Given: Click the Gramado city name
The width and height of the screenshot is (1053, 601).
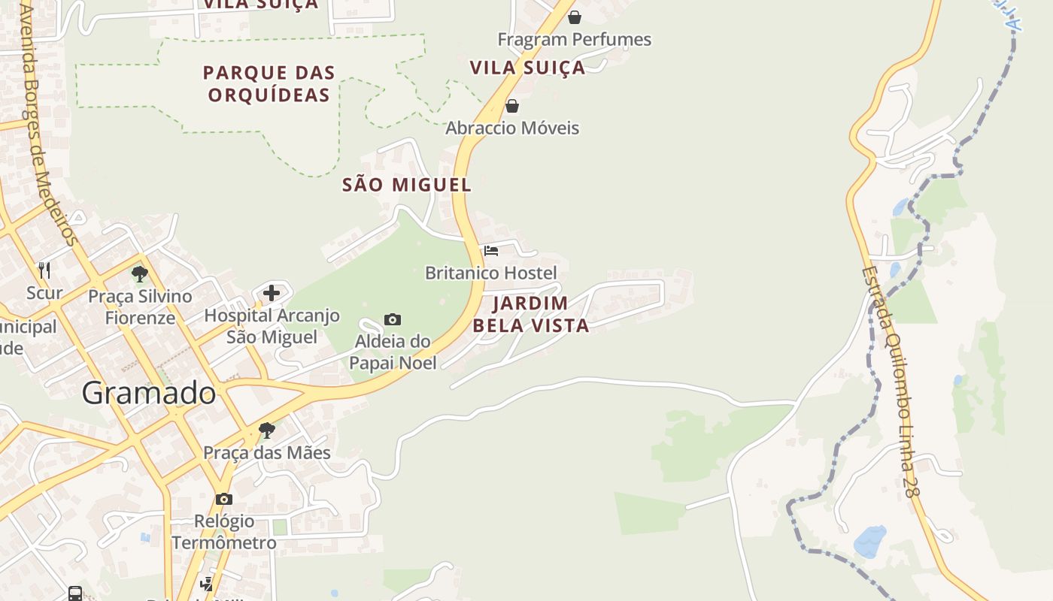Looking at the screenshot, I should click(x=149, y=393).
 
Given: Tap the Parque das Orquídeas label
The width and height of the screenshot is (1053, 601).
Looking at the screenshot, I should click(x=269, y=84).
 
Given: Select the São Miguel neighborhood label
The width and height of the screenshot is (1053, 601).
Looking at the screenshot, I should click(x=406, y=185).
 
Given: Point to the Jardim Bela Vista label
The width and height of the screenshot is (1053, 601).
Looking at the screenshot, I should click(x=530, y=315).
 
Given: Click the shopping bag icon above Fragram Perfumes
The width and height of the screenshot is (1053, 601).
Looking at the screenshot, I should click(x=575, y=17).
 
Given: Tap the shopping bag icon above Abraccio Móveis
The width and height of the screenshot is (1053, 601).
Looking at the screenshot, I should click(x=512, y=106).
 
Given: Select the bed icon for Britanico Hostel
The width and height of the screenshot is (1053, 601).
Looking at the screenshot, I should click(x=491, y=250).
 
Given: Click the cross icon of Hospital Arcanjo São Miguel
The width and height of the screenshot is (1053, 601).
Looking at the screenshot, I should click(x=272, y=293).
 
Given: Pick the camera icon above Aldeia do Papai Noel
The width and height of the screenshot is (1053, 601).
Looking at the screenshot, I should click(x=393, y=320).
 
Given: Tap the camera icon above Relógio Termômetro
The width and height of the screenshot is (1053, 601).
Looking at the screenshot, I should click(x=223, y=499).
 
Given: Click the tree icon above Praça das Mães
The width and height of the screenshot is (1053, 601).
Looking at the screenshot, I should click(x=266, y=430).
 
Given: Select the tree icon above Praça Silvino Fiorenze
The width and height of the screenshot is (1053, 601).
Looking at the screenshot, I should click(x=139, y=273).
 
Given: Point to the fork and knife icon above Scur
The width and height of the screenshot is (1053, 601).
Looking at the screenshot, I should click(x=44, y=270).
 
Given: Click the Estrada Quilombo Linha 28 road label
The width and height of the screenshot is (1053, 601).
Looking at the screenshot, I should click(x=890, y=382).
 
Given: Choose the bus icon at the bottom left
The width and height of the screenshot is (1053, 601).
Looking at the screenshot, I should click(x=75, y=593).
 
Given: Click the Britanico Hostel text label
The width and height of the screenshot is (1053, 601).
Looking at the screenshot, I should click(x=491, y=273).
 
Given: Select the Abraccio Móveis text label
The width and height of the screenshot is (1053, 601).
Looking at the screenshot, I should click(x=512, y=128).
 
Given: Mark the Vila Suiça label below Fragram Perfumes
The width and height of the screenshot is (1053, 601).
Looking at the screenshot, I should click(x=527, y=68).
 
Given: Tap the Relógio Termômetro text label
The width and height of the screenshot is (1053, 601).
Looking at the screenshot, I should click(x=223, y=532).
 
